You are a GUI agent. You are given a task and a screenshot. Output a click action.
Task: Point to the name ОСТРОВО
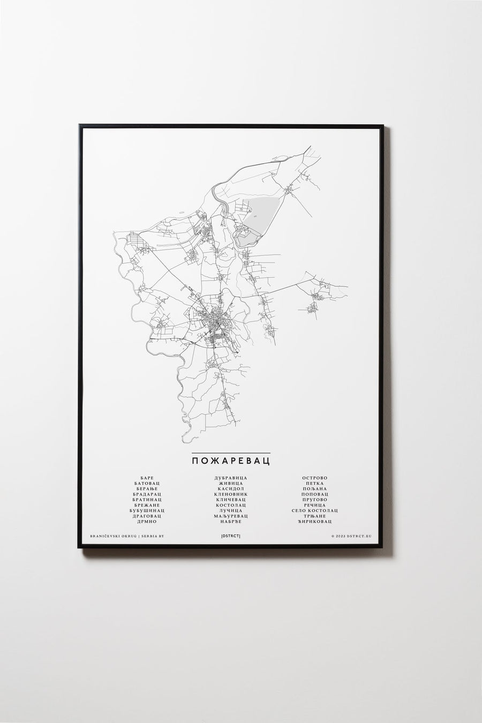tap(314, 478)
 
